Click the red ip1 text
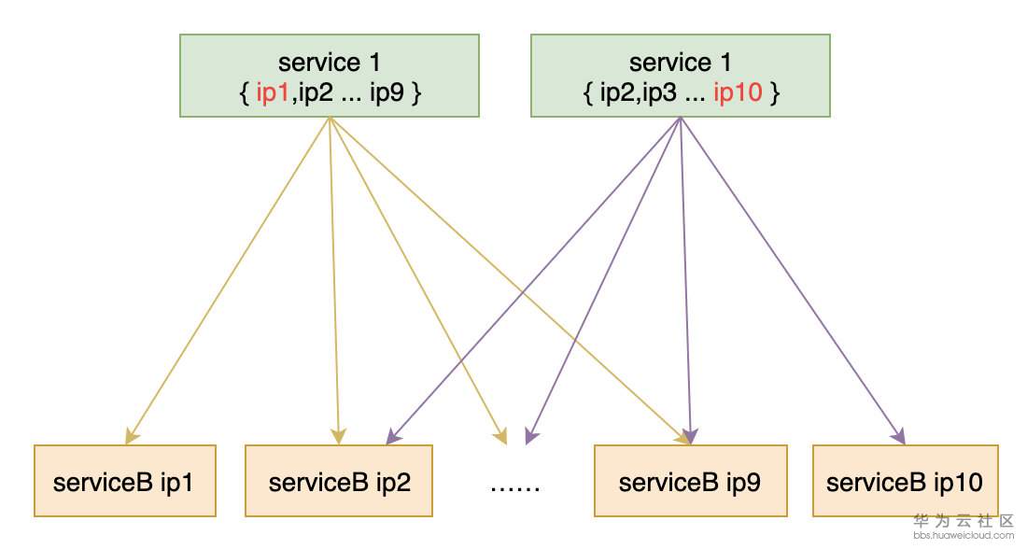click(274, 93)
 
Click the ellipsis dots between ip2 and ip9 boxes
click(514, 486)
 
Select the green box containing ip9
click(330, 76)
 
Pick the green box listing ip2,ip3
click(680, 76)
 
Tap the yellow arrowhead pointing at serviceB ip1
click(131, 434)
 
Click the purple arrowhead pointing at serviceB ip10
click(899, 435)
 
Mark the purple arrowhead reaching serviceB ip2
click(391, 435)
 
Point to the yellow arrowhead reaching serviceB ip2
click(338, 436)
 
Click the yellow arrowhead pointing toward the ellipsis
click(502, 436)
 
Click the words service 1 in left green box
click(330, 63)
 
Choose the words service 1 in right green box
click(680, 63)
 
